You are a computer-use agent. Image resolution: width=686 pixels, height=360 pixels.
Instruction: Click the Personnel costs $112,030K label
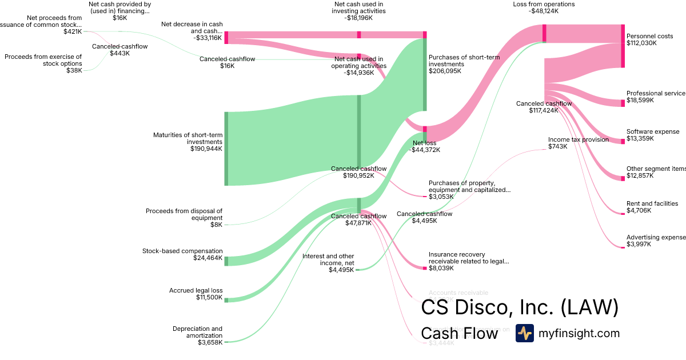pyautogui.click(x=649, y=39)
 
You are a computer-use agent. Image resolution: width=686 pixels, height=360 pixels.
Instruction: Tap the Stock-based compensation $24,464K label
pyautogui.click(x=182, y=254)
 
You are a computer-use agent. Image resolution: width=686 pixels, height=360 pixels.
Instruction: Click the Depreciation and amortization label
pyautogui.click(x=197, y=335)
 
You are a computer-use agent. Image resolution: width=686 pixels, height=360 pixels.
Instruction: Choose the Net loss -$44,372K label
pyautogui.click(x=424, y=146)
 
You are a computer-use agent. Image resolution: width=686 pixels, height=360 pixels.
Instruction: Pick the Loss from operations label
pyautogui.click(x=544, y=7)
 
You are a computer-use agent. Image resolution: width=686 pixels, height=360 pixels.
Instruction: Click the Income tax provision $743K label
pyautogui.click(x=578, y=143)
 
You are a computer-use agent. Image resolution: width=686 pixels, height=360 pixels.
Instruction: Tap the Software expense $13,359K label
pyautogui.click(x=653, y=135)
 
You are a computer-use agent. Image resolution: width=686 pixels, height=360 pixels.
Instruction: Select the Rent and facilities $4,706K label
pyautogui.click(x=652, y=207)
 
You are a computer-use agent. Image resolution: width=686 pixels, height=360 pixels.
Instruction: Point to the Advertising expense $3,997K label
pyautogui.click(x=655, y=241)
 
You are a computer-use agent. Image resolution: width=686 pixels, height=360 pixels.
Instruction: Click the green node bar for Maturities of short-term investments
pyautogui.click(x=226, y=149)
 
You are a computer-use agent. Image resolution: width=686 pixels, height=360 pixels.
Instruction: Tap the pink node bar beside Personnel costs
pyautogui.click(x=623, y=46)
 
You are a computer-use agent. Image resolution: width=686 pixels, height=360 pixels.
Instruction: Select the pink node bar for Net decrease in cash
pyautogui.click(x=226, y=37)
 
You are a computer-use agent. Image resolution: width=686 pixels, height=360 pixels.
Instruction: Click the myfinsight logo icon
pyautogui.click(x=524, y=333)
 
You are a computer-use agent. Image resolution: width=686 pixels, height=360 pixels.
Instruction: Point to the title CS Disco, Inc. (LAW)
pyautogui.click(x=520, y=307)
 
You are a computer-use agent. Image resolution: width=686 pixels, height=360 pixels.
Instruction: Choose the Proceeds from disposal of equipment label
pyautogui.click(x=184, y=214)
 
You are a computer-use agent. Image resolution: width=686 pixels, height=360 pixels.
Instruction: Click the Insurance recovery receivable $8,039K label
pyautogui.click(x=469, y=261)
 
